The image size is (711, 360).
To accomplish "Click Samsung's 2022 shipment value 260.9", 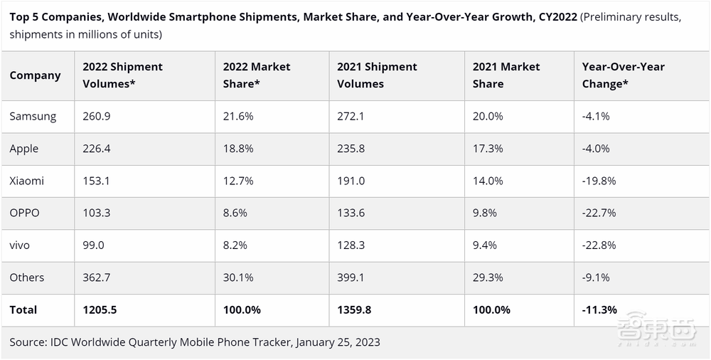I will tap(97, 116).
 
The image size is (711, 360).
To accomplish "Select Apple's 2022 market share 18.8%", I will tap(237, 149).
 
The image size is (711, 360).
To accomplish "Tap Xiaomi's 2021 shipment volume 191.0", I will tap(351, 181).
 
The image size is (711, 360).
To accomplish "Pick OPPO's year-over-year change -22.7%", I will tap(599, 213).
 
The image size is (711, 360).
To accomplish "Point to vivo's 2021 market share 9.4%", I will tap(487, 245).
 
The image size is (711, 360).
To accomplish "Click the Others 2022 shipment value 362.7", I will tap(97, 277).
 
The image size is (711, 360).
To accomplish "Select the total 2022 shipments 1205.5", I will tap(100, 309).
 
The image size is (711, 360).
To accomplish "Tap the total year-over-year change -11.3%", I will tap(599, 309).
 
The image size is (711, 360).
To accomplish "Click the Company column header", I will tap(35, 75).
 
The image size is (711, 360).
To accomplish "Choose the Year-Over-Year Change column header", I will tap(623, 75).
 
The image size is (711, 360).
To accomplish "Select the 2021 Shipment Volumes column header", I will tap(377, 75).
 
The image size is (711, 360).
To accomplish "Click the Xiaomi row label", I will tap(26, 181).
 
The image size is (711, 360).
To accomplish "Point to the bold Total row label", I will tap(23, 309).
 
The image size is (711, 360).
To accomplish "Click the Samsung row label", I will tap(33, 116).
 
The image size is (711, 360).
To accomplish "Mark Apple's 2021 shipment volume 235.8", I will tap(351, 149).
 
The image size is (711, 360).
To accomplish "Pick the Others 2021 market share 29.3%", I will tap(488, 277).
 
